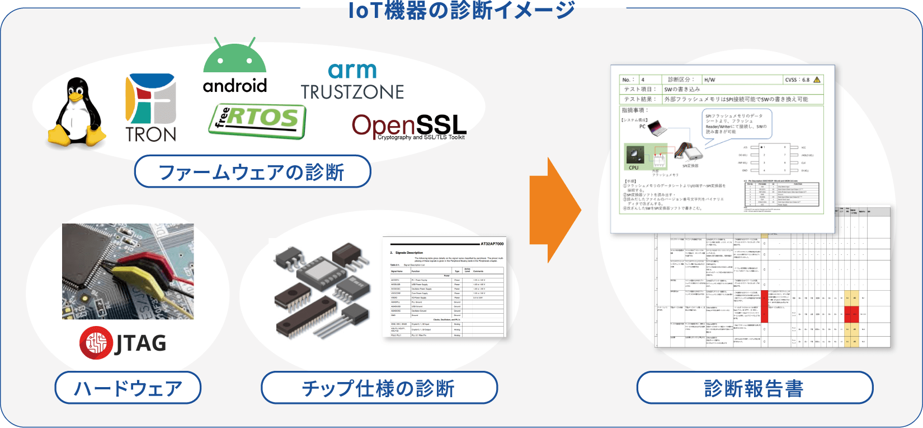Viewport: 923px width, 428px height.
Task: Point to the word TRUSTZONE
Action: (352, 92)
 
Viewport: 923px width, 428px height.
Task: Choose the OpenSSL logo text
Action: (409, 127)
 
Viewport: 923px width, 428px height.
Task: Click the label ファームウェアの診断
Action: (252, 172)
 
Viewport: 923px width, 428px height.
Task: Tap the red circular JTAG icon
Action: (96, 343)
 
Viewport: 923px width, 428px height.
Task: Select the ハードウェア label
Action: (128, 388)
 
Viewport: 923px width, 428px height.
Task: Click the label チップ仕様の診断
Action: (379, 388)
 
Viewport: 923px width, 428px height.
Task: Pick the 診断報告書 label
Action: (755, 388)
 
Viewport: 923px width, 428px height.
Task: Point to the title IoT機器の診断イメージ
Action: (462, 10)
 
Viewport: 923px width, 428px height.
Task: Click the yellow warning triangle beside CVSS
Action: (817, 80)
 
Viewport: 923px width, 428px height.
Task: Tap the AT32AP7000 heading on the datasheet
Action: (492, 244)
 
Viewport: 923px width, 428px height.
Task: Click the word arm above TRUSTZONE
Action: (352, 71)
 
